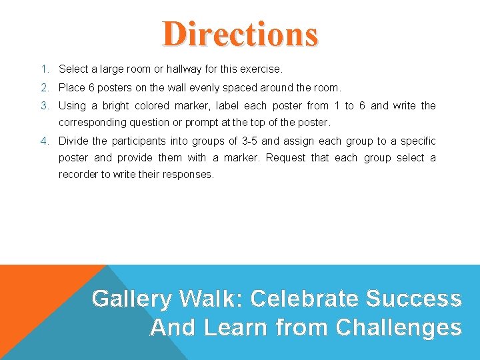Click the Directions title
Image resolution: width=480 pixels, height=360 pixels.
(240, 34)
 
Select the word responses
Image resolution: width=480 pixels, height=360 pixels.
(190, 175)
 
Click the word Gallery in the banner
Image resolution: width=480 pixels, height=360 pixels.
(131, 299)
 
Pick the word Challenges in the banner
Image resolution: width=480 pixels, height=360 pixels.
(399, 327)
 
